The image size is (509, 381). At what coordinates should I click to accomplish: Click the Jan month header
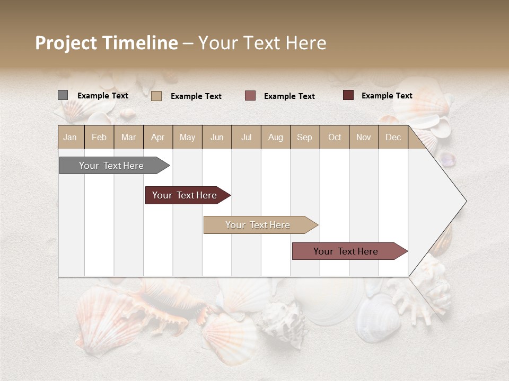70,137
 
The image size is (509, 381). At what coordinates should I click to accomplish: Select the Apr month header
157,137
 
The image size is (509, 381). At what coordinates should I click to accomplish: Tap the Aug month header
275,137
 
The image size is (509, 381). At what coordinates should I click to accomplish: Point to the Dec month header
393,137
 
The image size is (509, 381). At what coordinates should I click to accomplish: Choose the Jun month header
217,137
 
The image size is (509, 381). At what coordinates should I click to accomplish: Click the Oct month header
335,137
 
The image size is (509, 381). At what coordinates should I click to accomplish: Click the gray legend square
63,95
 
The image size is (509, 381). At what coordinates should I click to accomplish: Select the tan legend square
156,96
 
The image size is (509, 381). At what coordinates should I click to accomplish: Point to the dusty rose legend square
250,95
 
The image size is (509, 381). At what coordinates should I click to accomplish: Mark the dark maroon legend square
348,95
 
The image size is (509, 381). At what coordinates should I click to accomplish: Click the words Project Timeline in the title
106,43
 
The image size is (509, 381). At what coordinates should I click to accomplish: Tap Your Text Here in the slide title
262,43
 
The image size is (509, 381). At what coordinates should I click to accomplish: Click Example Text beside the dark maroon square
387,96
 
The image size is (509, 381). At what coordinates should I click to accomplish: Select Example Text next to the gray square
102,96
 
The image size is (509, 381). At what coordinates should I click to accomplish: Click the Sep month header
304,137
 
